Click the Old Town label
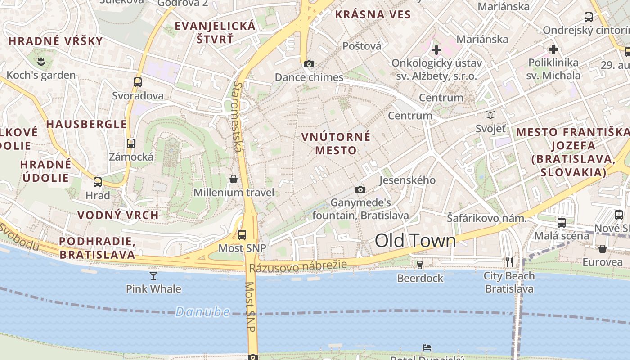(415, 241)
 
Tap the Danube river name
(202, 311)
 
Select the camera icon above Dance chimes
(309, 64)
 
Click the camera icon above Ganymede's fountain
(360, 189)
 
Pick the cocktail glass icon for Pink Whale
(153, 275)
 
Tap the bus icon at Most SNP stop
(242, 234)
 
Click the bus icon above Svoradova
(138, 82)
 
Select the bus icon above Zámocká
(131, 144)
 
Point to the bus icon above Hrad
(98, 182)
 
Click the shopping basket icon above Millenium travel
(234, 179)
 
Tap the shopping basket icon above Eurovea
(603, 248)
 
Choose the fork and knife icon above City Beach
(509, 262)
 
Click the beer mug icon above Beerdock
(420, 265)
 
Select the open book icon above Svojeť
(490, 115)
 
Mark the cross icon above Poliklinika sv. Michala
(553, 49)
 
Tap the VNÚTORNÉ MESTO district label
(336, 143)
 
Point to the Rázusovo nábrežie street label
(298, 266)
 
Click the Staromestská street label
(238, 117)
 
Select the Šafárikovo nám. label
(486, 218)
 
